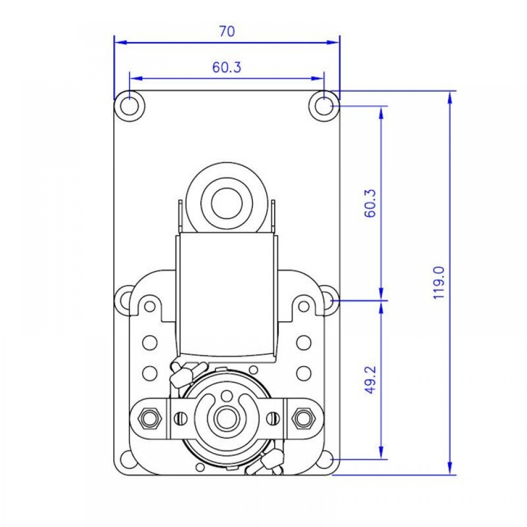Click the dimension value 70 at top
pos(227,32)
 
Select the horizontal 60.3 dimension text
pos(227,67)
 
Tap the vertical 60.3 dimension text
pos(370,203)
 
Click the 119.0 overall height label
pos(439,282)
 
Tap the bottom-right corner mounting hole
pos(327,459)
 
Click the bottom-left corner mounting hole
pos(126,459)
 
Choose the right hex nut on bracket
pos(303,418)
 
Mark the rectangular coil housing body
pos(227,295)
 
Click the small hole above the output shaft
pos(227,395)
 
